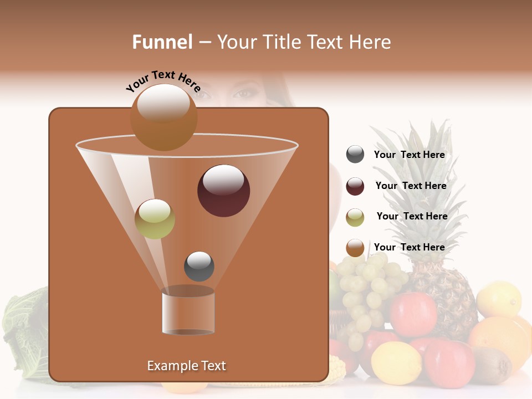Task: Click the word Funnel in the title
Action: click(162, 42)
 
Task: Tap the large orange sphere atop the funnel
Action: click(163, 117)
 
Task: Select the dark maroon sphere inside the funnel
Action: click(223, 191)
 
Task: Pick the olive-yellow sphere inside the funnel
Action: click(155, 219)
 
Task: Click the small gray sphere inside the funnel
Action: click(199, 266)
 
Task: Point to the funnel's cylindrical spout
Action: click(188, 312)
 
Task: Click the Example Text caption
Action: click(186, 366)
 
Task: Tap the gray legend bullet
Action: click(355, 155)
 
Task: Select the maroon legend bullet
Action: click(355, 186)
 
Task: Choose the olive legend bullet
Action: click(355, 217)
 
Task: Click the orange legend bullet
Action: click(355, 248)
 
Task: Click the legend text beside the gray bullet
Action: click(409, 155)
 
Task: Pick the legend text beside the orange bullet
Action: click(409, 247)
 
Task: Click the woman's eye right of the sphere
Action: click(242, 94)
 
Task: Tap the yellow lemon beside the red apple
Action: click(396, 363)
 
